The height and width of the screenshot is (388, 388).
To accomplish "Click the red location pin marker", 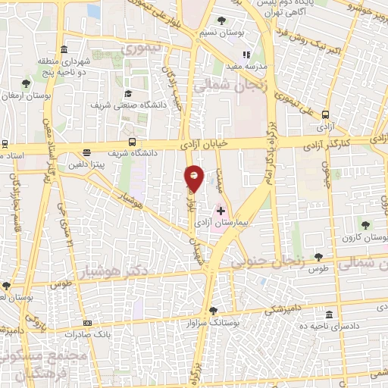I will tap(194, 179).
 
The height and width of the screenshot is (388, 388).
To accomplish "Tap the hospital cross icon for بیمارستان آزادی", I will tap(221, 210).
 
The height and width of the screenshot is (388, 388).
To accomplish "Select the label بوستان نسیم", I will tap(221, 33).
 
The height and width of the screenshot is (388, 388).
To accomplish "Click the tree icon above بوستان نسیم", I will tap(221, 20).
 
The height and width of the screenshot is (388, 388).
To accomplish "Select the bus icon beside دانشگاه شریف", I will tap(133, 141).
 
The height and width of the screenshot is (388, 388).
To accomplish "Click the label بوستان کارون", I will tap(365, 238).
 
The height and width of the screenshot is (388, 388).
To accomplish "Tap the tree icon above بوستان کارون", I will tap(365, 225).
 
